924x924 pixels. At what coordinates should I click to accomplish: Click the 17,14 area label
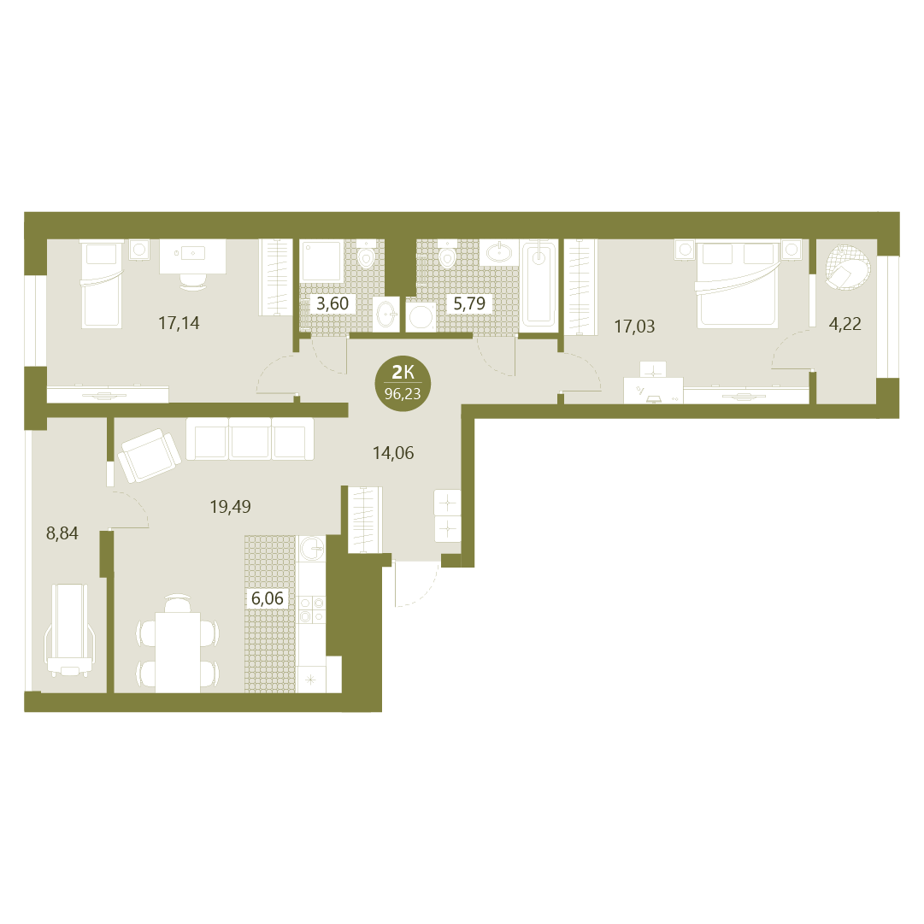point(179,323)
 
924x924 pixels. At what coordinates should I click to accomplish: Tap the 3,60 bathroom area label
point(333,304)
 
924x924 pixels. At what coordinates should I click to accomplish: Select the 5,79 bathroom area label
point(469,303)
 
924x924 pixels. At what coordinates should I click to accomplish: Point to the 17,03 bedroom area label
point(634,327)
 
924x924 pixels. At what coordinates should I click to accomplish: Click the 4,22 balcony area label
point(845,323)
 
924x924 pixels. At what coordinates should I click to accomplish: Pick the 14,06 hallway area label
point(393,452)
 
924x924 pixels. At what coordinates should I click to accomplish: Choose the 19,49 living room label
point(231,506)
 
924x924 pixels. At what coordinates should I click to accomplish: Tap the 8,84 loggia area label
point(62,533)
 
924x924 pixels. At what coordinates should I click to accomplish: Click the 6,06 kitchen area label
point(267,598)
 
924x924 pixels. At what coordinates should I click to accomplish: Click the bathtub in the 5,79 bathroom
point(539,283)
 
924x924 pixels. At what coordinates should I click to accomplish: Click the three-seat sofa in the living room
point(250,438)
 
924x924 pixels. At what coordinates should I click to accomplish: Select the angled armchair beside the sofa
point(149,456)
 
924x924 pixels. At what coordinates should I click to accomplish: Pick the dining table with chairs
point(178,644)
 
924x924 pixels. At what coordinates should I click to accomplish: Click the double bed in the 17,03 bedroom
point(738,284)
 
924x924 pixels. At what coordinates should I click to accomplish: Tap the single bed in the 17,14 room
point(102,284)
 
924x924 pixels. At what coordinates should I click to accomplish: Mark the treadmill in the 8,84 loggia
point(69,630)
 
